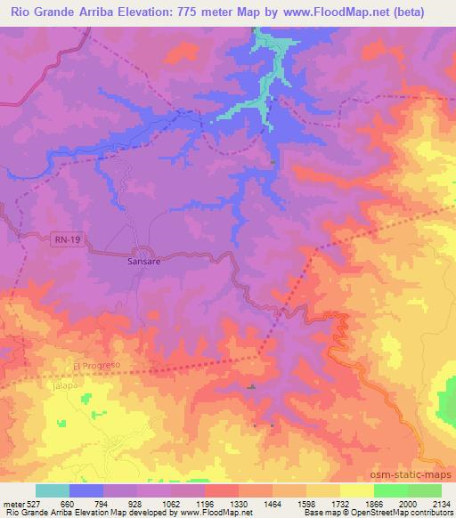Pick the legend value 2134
tap(441, 503)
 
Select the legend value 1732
tap(340, 503)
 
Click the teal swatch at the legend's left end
tap(53, 490)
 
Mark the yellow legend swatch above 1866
tap(357, 490)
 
